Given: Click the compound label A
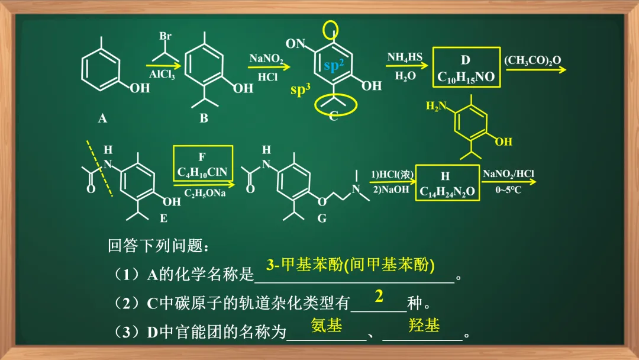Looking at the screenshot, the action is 102,118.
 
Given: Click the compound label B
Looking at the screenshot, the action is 204,118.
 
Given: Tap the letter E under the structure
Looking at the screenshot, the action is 163,218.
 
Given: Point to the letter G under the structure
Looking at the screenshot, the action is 322,218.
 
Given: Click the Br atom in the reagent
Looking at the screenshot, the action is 165,36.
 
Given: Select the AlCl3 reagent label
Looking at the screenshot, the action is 162,75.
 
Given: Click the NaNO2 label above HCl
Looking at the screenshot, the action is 266,59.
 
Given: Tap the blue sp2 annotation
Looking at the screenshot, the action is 334,66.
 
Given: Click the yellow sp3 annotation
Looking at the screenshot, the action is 301,91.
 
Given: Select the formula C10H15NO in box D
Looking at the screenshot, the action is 466,77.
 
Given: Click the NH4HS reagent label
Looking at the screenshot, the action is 405,57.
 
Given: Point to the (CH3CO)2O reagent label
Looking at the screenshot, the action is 532,60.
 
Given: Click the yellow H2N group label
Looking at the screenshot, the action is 437,106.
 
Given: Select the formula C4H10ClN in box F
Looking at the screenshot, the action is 202,172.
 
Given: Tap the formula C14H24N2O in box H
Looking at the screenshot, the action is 447,192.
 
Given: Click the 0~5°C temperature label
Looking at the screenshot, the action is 508,191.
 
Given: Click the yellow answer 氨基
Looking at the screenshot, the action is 327,325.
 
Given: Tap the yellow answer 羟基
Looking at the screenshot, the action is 424,325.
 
